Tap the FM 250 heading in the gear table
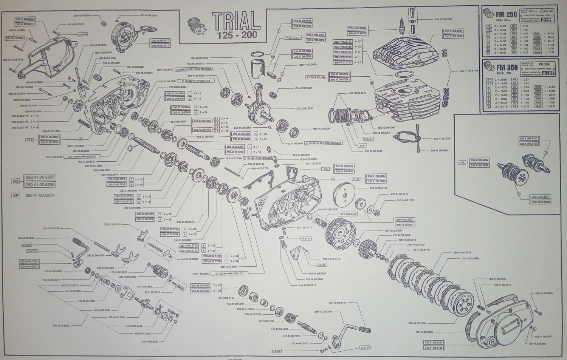(507, 15)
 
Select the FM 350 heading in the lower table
(507, 68)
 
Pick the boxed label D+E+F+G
(293, 38)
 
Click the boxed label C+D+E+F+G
(317, 77)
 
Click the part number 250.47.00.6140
(469, 71)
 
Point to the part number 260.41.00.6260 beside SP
(40, 195)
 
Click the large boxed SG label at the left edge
(15, 181)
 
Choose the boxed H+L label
(462, 162)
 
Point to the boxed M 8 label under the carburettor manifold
(362, 145)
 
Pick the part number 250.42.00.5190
(378, 188)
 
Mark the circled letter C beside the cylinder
(372, 83)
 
